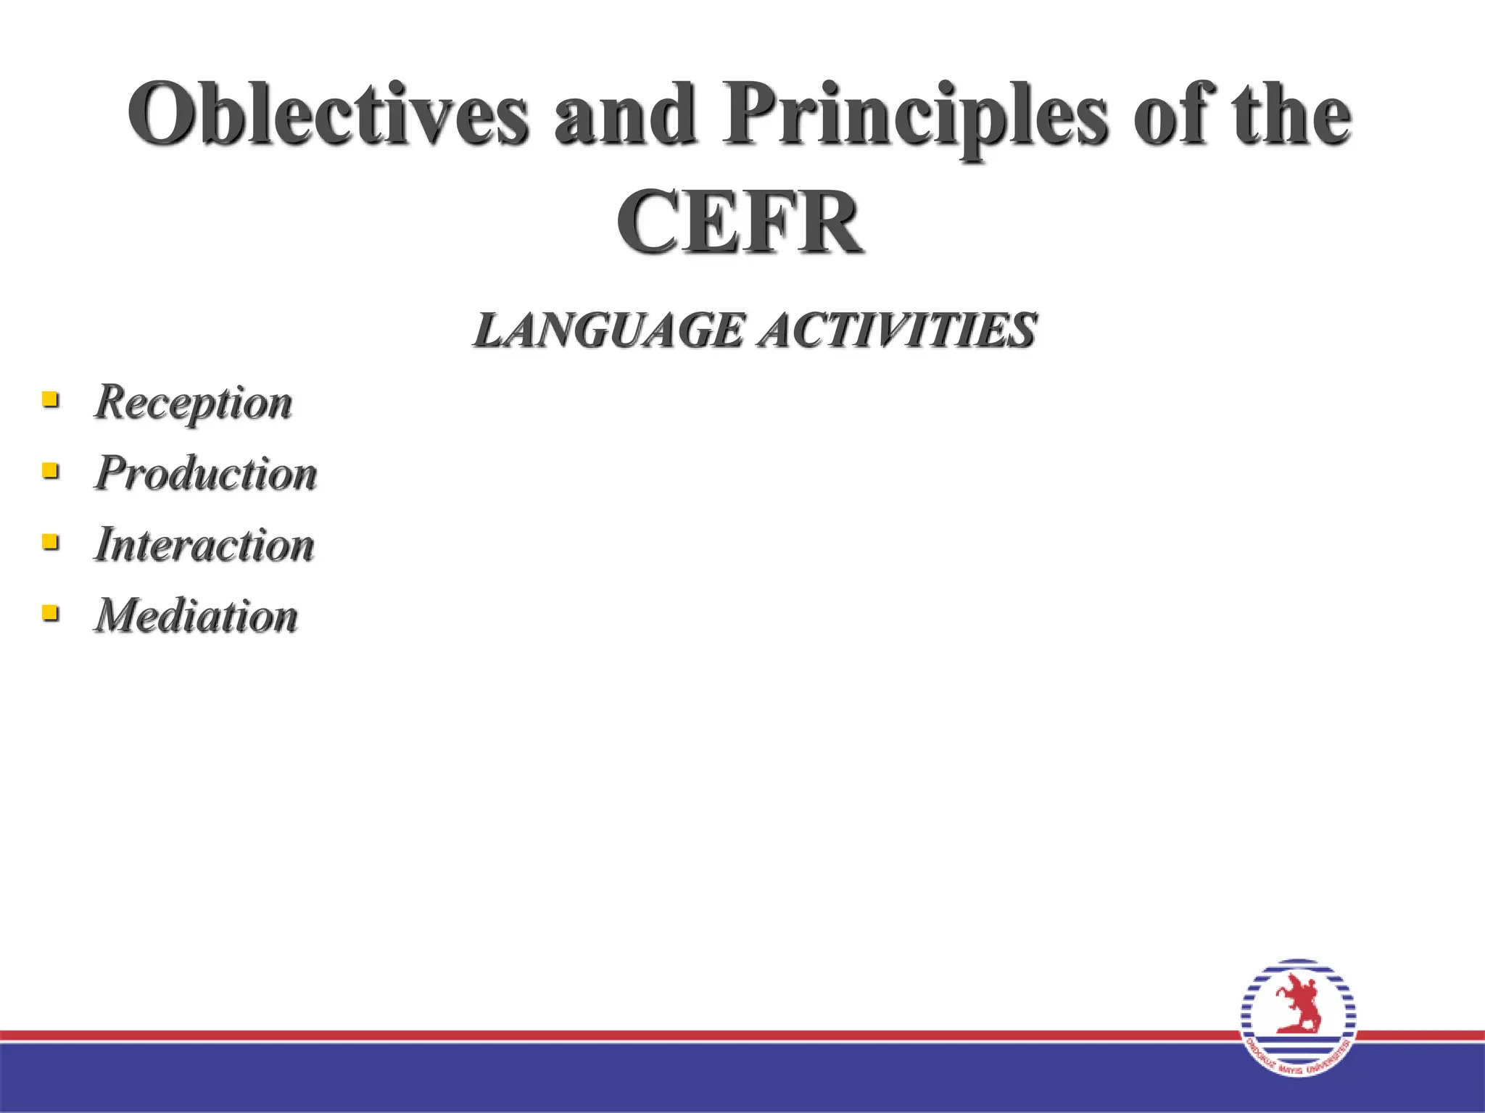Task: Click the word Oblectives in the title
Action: (x=328, y=114)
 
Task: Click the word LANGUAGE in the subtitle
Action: (x=608, y=330)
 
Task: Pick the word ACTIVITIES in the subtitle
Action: (x=897, y=330)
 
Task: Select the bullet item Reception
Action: (x=194, y=401)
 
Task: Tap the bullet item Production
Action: (x=206, y=473)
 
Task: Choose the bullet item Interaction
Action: (x=204, y=544)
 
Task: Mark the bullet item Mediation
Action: (x=197, y=615)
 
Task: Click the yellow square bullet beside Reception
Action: (x=50, y=399)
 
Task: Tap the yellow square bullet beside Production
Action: (x=50, y=470)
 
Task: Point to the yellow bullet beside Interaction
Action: (x=50, y=541)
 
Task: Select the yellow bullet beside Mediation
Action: (x=50, y=613)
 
